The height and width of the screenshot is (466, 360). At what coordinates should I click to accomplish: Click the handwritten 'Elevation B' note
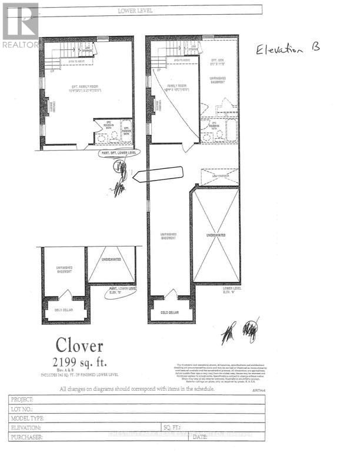click(x=288, y=49)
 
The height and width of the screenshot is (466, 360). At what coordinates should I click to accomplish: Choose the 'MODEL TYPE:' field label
click(x=27, y=418)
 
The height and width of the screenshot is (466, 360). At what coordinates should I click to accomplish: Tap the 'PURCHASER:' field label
click(x=27, y=437)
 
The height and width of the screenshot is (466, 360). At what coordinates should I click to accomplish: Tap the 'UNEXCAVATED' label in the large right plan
click(x=215, y=234)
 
